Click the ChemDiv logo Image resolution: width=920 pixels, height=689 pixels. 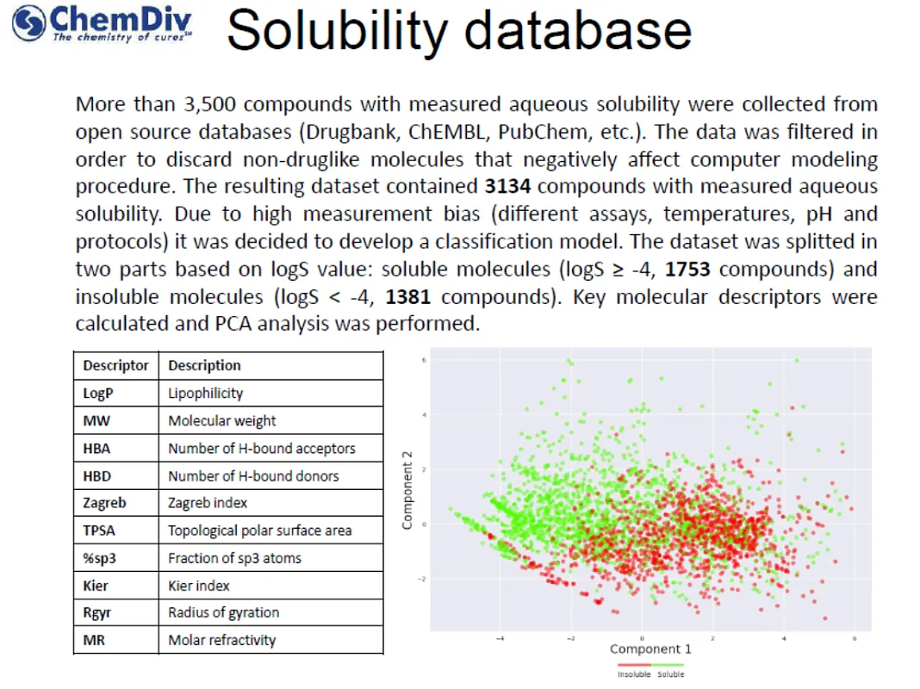[102, 24]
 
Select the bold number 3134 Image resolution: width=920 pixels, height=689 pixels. [506, 187]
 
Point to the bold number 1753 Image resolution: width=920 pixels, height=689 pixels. [687, 270]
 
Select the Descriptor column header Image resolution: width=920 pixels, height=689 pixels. [115, 366]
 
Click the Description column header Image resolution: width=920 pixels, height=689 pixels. [204, 366]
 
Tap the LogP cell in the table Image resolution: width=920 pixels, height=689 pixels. [97, 394]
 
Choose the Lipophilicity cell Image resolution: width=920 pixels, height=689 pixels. [206, 394]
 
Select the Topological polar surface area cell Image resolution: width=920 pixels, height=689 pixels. [259, 531]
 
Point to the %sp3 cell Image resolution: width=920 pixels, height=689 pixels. [99, 558]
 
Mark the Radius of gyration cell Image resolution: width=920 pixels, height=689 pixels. [223, 612]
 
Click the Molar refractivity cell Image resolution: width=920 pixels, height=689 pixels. [221, 640]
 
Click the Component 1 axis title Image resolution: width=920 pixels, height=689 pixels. [650, 649]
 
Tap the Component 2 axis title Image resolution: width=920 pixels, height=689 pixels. [408, 495]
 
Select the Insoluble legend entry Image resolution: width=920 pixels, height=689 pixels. [634, 673]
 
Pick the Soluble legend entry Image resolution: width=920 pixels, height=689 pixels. [670, 673]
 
